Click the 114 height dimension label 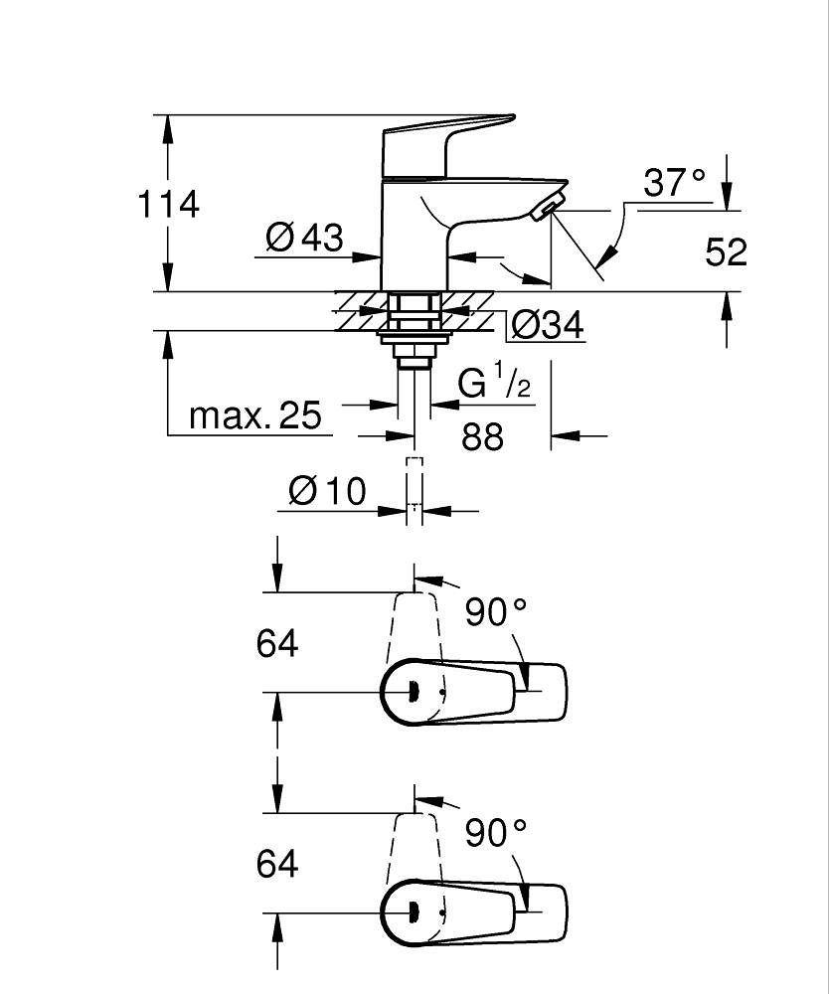coord(169,204)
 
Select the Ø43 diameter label coord(305,238)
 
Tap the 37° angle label coord(674,183)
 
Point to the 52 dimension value coord(727,251)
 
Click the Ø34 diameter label coord(547,326)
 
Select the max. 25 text coord(255,415)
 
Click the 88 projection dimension coord(483,436)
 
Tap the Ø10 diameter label coord(328,491)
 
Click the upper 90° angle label coord(496,611)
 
